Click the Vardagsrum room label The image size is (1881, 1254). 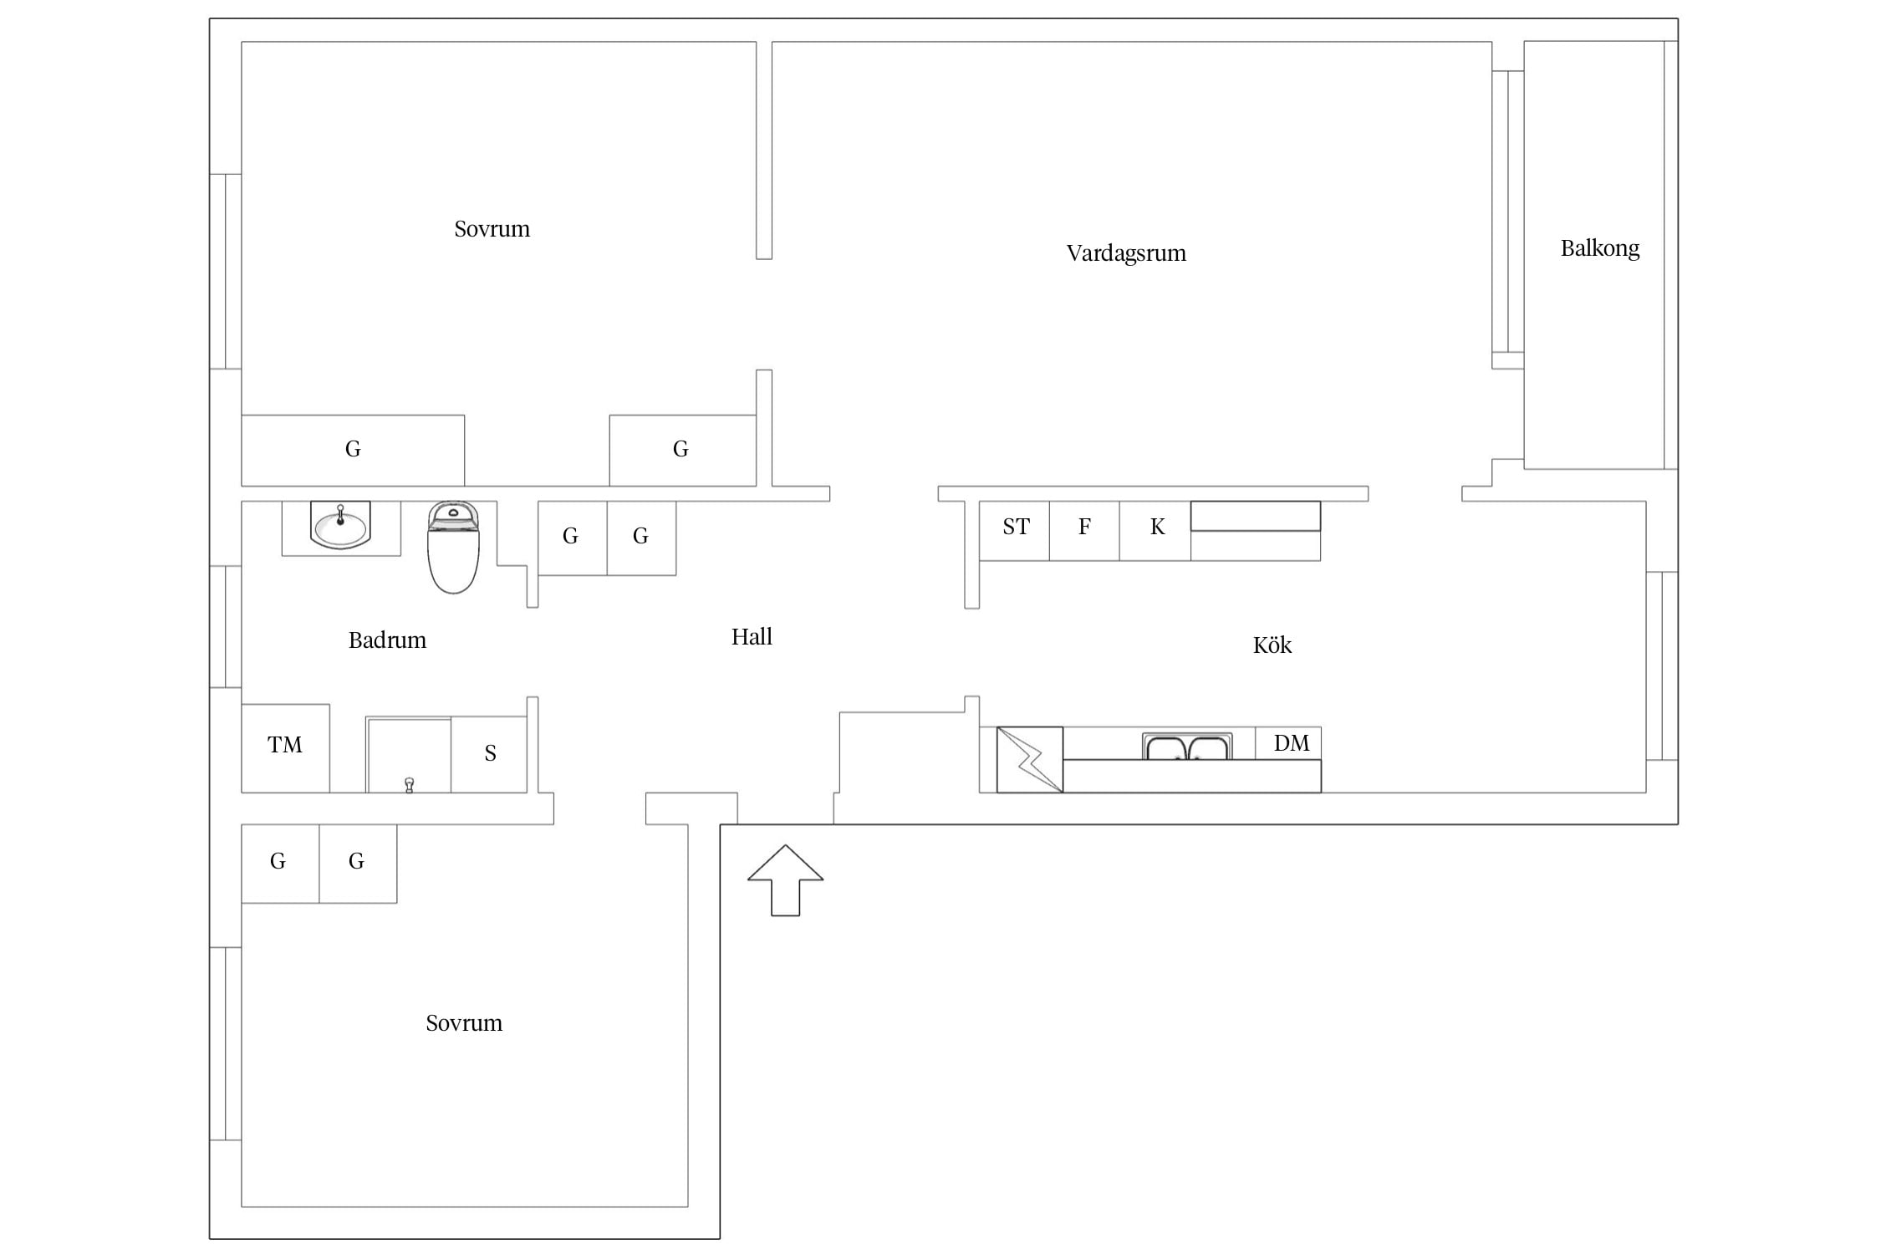pos(1126,253)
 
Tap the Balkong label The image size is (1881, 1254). pos(1600,248)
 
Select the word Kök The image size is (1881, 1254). pos(1272,645)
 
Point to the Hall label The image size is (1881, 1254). pos(752,637)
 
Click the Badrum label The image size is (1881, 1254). pos(387,640)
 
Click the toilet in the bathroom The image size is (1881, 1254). pos(453,548)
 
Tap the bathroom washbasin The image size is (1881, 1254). pos(340,525)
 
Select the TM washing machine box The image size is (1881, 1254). pos(285,748)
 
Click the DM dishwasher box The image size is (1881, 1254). pos(1288,743)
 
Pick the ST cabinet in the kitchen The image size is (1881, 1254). pos(1014,531)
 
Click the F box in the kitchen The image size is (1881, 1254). pos(1084,531)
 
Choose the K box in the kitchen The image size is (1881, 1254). pos(1155,531)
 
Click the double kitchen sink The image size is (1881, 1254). pos(1187,747)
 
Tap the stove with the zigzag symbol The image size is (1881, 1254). pos(1030,760)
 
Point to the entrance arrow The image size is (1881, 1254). pos(786,880)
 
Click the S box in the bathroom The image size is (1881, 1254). pos(489,754)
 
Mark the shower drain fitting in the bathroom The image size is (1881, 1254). pos(409,785)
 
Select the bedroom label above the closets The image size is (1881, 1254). pos(492,229)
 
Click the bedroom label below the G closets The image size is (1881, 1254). pos(464,1023)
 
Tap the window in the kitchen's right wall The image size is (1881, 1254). pos(1662,666)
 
